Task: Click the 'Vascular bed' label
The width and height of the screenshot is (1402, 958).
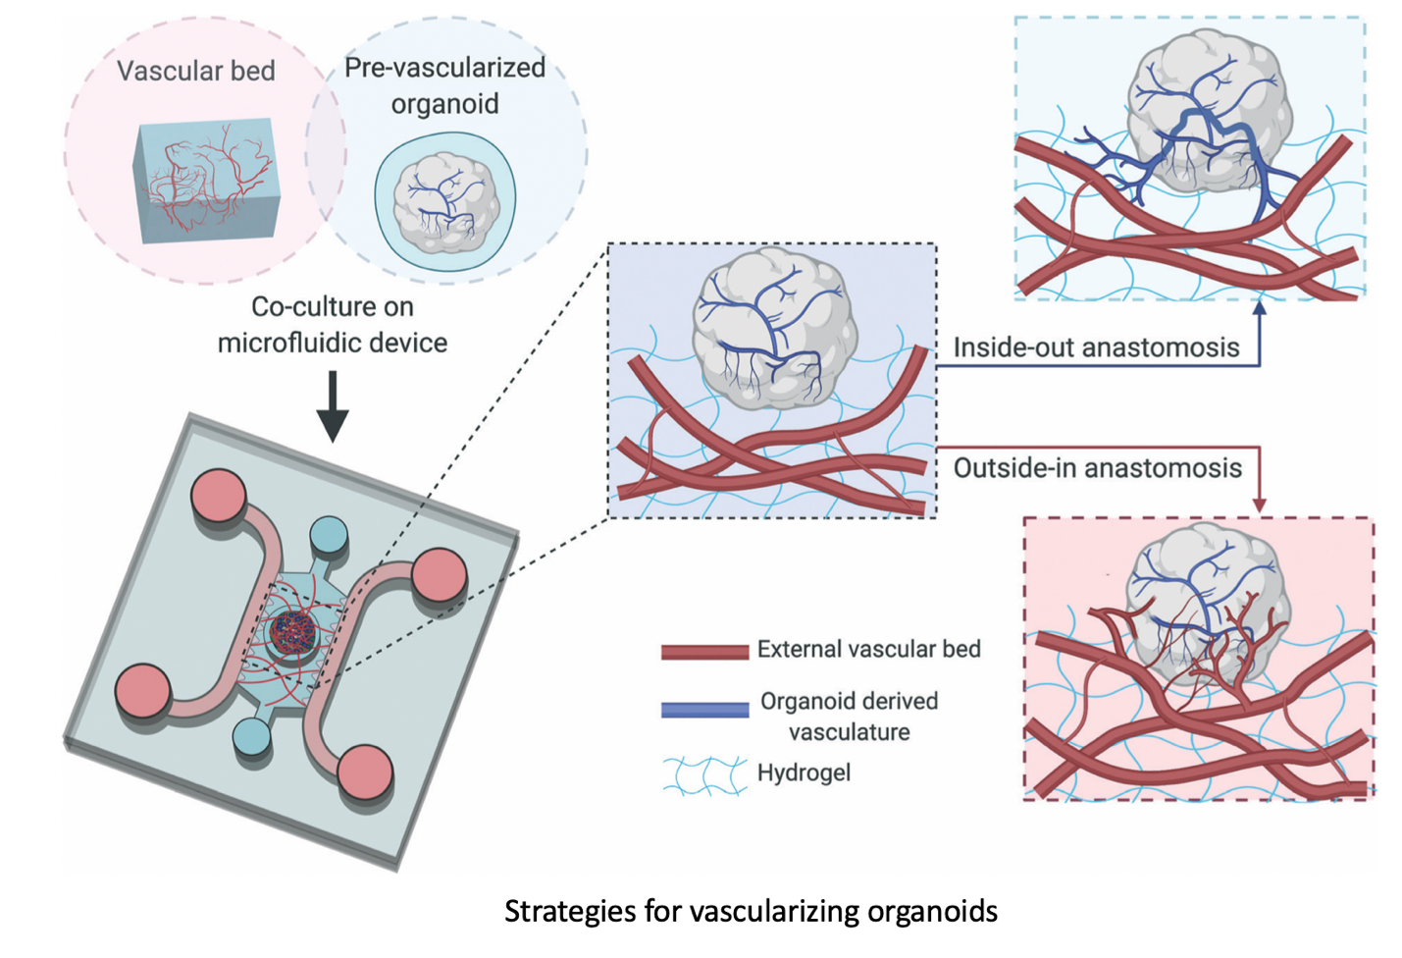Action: pos(195,71)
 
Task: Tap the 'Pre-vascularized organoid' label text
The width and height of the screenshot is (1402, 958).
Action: pos(444,85)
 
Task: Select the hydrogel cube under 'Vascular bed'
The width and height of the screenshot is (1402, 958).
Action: pos(206,182)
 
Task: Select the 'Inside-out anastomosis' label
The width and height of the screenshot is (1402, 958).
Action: pos(1096,347)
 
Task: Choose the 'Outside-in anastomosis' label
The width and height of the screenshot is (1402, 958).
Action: pos(1097,468)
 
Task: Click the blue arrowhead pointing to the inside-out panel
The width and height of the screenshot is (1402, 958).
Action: pos(1259,308)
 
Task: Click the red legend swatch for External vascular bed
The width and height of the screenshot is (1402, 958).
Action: pos(704,651)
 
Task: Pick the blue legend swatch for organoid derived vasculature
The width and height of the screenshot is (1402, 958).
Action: pos(704,710)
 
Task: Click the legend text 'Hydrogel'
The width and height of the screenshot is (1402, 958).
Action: pos(804,773)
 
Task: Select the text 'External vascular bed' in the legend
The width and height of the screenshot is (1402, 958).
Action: pos(868,649)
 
